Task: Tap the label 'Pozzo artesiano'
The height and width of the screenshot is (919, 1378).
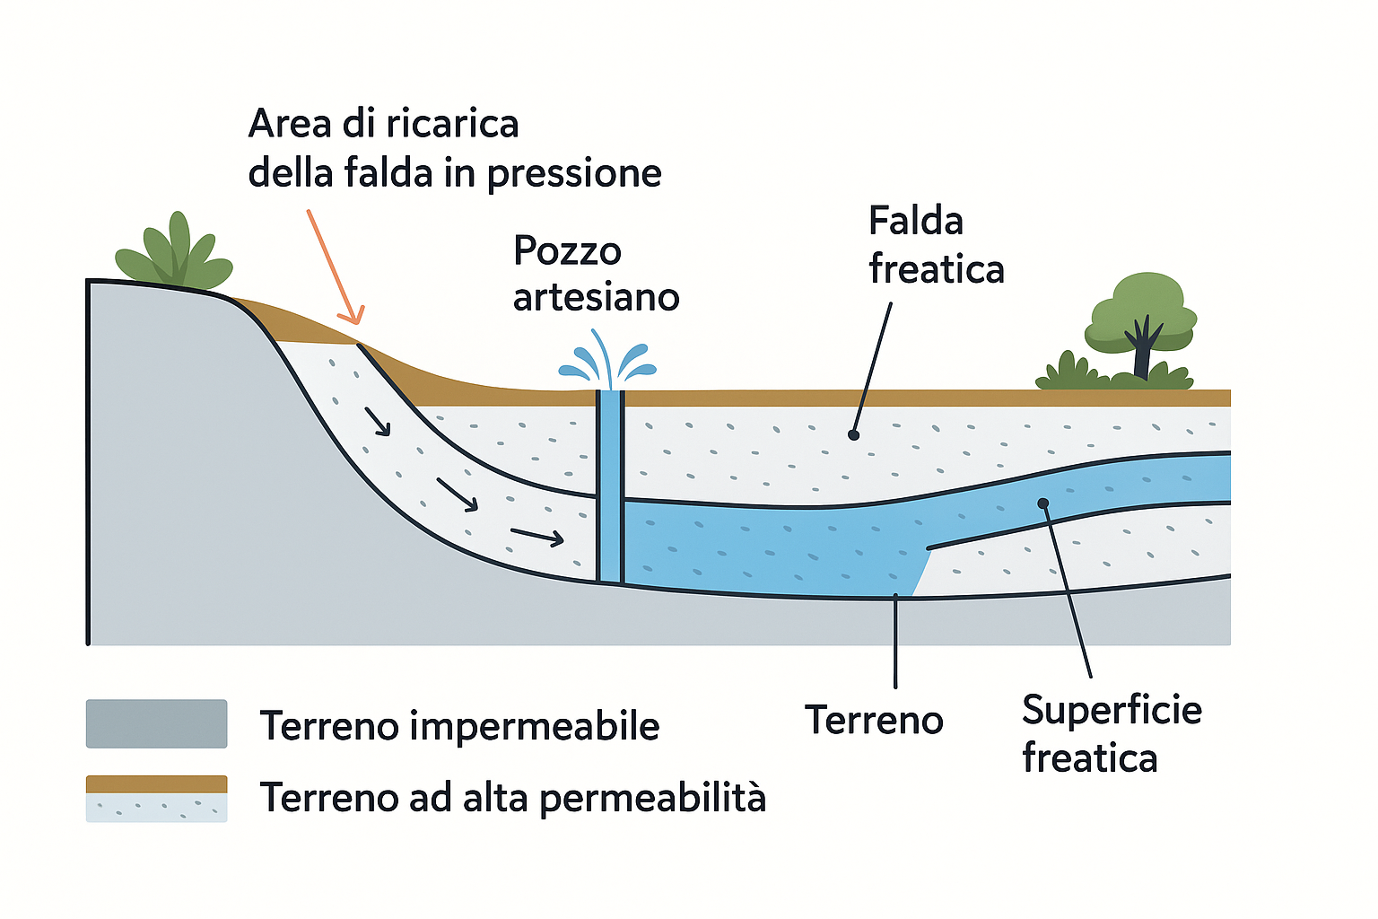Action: (596, 274)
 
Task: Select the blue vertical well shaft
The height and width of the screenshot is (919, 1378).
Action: (610, 485)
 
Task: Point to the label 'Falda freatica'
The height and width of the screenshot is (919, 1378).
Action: (936, 245)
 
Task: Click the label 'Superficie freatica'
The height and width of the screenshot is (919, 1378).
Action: (1111, 733)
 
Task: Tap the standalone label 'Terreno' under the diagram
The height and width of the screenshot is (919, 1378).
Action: (874, 720)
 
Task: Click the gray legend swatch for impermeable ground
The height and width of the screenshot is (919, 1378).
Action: (156, 724)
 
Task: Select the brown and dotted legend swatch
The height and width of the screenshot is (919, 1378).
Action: (156, 798)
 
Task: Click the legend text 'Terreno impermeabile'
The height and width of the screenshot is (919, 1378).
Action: (459, 725)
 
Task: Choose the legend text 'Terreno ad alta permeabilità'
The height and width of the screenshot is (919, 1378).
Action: (512, 797)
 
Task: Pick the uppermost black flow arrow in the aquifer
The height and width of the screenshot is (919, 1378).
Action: (378, 422)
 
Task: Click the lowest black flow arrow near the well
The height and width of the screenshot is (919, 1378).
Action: (536, 537)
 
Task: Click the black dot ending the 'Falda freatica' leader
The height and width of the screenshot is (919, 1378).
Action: (853, 435)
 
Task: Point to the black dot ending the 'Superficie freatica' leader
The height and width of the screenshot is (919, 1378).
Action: (1042, 503)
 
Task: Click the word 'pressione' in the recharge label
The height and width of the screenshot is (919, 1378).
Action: (574, 173)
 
